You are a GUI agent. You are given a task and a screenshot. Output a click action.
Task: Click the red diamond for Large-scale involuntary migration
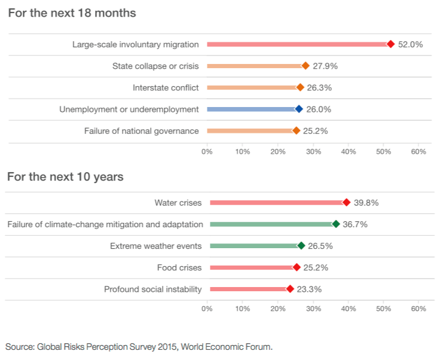[390, 44]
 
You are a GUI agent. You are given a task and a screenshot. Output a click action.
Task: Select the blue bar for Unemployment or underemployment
[251, 109]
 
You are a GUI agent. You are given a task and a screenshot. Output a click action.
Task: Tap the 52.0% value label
[411, 44]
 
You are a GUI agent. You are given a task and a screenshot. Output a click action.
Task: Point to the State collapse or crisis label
[155, 66]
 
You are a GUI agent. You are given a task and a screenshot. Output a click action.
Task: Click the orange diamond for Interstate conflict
[300, 87]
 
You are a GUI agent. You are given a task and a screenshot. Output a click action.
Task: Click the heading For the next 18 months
[72, 13]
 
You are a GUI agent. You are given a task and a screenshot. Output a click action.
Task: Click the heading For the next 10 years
[65, 176]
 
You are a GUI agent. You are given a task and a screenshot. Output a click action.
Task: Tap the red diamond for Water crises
[346, 203]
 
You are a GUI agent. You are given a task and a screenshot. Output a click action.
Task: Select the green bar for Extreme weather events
[254, 246]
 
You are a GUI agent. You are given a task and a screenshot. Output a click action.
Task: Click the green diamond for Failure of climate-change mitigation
[335, 224]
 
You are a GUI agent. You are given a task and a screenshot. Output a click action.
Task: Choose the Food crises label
[179, 267]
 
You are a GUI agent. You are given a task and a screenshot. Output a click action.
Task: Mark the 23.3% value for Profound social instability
[310, 289]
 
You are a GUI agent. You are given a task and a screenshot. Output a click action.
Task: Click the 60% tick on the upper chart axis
[418, 152]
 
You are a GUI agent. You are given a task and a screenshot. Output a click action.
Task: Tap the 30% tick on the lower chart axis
[313, 309]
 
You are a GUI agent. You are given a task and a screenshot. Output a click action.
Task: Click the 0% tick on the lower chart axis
[207, 309]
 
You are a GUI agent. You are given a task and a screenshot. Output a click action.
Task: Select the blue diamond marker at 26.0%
[299, 109]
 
